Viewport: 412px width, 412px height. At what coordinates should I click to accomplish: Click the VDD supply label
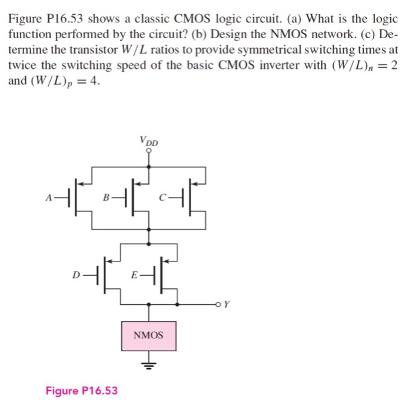[x=149, y=141]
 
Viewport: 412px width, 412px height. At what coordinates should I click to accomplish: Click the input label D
[x=76, y=274]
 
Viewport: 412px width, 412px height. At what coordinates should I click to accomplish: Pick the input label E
[x=134, y=274]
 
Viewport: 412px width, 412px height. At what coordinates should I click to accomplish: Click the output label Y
[x=228, y=305]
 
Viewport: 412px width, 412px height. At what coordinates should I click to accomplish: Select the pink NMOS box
[x=148, y=335]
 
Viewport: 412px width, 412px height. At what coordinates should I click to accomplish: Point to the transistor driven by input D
[x=104, y=274]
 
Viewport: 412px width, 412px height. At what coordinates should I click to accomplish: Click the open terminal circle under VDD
[x=149, y=151]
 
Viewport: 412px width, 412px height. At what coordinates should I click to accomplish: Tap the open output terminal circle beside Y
[x=218, y=305]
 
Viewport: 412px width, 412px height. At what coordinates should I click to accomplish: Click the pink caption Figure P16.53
[x=81, y=390]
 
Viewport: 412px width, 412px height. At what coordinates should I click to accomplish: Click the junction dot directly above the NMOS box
[x=148, y=305]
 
